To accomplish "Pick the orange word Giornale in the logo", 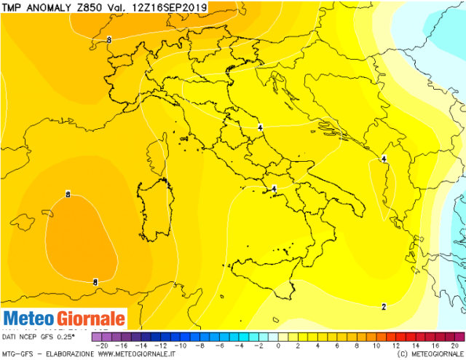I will [89, 319].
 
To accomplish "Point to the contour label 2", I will [384, 307].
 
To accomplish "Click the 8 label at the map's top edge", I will [108, 39].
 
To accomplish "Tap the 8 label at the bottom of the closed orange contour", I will [95, 281].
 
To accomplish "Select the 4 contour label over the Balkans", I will [384, 158].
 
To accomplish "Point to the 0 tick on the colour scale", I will [279, 345].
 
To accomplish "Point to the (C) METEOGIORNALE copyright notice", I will [429, 355].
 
